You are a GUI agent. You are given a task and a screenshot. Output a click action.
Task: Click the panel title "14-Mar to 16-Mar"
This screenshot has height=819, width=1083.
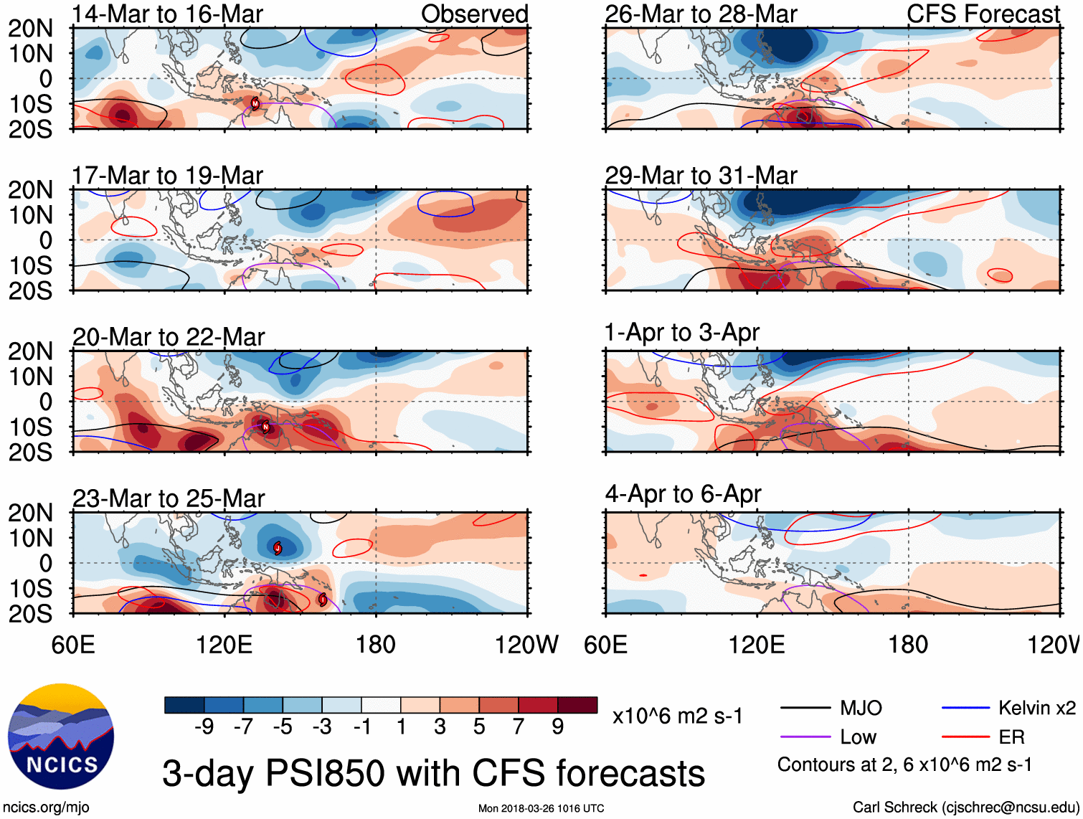click(x=167, y=14)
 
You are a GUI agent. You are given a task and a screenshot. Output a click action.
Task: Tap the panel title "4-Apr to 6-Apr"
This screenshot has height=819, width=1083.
click(x=682, y=494)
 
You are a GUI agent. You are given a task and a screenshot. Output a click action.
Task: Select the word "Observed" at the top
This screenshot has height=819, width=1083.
click(x=474, y=14)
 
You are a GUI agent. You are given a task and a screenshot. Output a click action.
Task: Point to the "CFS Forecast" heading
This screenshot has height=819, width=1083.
click(x=983, y=14)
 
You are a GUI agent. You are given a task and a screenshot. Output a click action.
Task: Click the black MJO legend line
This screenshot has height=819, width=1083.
click(x=805, y=709)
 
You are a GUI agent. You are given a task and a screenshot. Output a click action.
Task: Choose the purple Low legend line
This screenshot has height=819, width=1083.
click(x=805, y=737)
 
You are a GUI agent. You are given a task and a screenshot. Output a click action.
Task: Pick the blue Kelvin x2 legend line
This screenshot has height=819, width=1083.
click(x=965, y=709)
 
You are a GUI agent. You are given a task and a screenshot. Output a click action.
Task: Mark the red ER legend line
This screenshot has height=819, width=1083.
click(x=965, y=737)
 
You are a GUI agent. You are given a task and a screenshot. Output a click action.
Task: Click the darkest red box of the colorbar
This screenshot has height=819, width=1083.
click(x=577, y=705)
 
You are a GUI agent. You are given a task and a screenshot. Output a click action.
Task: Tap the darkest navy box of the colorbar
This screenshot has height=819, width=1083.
click(x=184, y=705)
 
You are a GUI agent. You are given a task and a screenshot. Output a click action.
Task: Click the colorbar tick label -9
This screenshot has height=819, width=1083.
click(x=204, y=727)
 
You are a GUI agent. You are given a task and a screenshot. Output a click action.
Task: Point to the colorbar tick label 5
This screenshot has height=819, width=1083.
click(x=479, y=727)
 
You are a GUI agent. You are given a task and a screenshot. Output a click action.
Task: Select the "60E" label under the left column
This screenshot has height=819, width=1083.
click(x=73, y=645)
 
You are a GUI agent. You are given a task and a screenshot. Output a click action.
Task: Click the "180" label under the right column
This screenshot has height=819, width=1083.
click(x=908, y=645)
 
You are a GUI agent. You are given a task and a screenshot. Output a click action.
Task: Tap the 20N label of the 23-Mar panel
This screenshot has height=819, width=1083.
click(x=30, y=513)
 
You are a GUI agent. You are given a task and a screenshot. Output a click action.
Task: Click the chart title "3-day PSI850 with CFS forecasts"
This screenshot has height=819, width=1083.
click(x=433, y=773)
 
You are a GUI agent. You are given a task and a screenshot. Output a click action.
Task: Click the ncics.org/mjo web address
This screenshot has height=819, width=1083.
click(x=46, y=808)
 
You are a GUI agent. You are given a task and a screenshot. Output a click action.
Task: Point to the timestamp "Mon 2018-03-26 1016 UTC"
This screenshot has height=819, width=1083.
click(x=541, y=808)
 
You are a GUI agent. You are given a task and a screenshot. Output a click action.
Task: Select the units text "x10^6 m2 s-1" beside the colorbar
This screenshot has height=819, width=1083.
click(x=677, y=716)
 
